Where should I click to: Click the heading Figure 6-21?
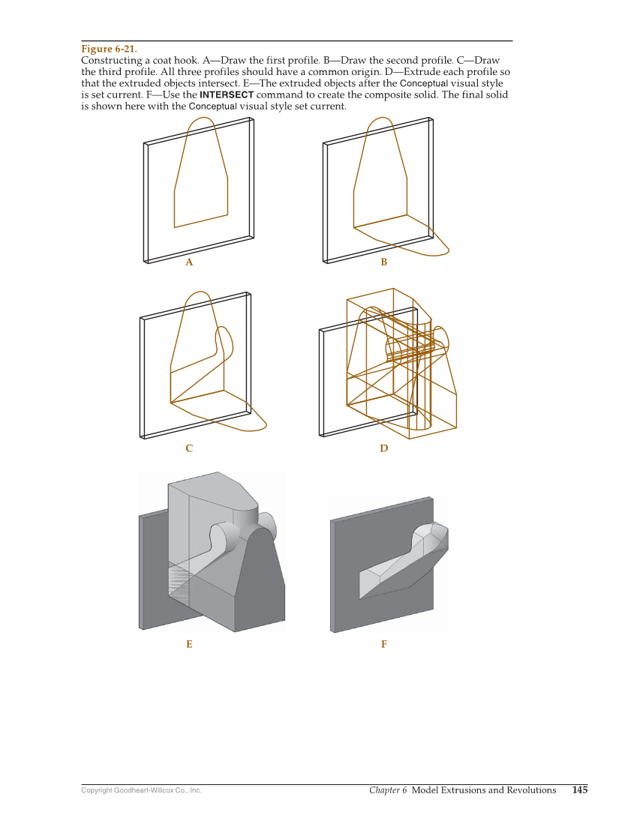coord(110,49)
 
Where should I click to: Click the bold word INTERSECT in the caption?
coord(227,94)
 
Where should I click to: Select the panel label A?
coord(189,262)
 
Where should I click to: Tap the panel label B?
coord(383,262)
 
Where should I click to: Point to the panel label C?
coord(189,448)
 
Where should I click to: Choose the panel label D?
coord(383,448)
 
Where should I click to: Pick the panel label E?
coord(189,644)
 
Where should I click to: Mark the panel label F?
coord(383,644)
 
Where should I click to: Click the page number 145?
coord(580,790)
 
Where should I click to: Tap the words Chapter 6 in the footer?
coord(388,790)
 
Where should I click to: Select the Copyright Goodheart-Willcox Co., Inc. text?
coord(141,790)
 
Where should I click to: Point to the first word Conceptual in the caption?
coord(424,83)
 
